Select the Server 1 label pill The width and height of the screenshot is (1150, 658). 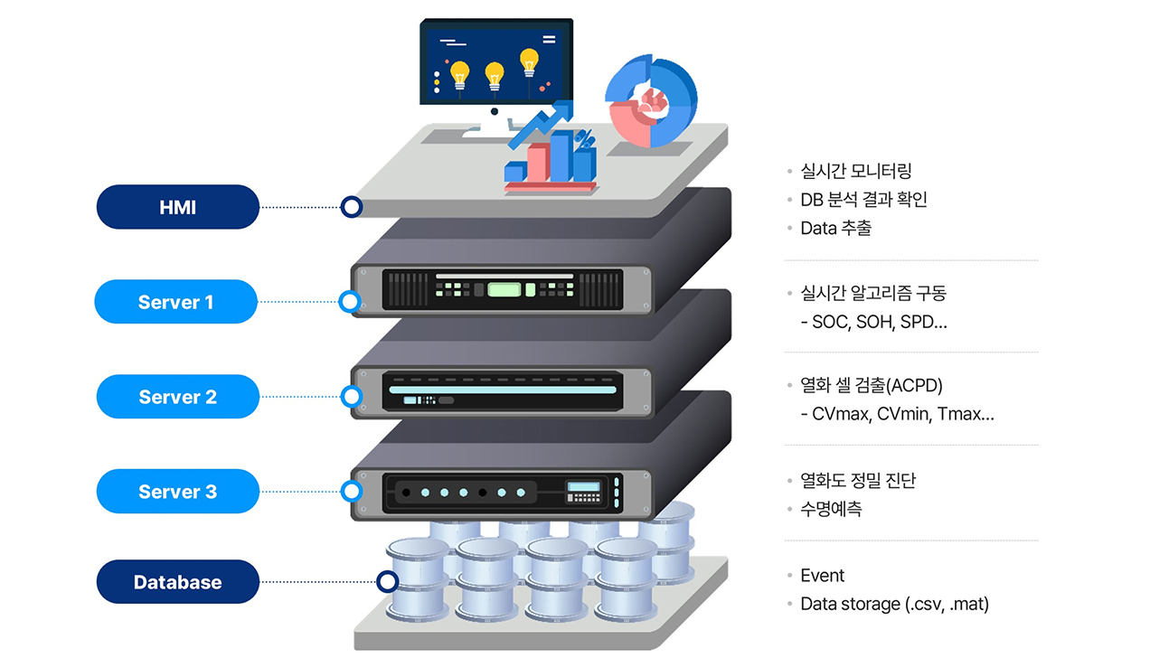point(175,302)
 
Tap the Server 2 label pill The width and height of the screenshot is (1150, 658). point(177,397)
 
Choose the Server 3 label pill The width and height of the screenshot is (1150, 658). point(177,492)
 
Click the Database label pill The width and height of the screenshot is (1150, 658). point(177,582)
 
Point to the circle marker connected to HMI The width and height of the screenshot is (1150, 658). point(351,207)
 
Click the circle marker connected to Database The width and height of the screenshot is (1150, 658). point(387,582)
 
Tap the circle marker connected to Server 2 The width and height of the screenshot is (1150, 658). point(350,396)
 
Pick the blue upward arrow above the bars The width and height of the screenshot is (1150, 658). point(542,124)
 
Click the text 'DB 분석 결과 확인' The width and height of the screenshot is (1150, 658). point(863,200)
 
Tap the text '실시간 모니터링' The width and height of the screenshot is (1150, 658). point(849,171)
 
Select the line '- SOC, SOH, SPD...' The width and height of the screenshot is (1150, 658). point(873,322)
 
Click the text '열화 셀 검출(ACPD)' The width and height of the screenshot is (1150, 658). point(871,386)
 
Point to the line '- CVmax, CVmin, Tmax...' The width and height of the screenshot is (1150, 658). point(897,415)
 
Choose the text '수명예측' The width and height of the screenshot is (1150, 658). point(831,509)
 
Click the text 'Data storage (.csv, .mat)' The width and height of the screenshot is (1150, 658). point(894,604)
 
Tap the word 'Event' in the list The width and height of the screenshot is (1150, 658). point(822,576)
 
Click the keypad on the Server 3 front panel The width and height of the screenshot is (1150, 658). point(583,493)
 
